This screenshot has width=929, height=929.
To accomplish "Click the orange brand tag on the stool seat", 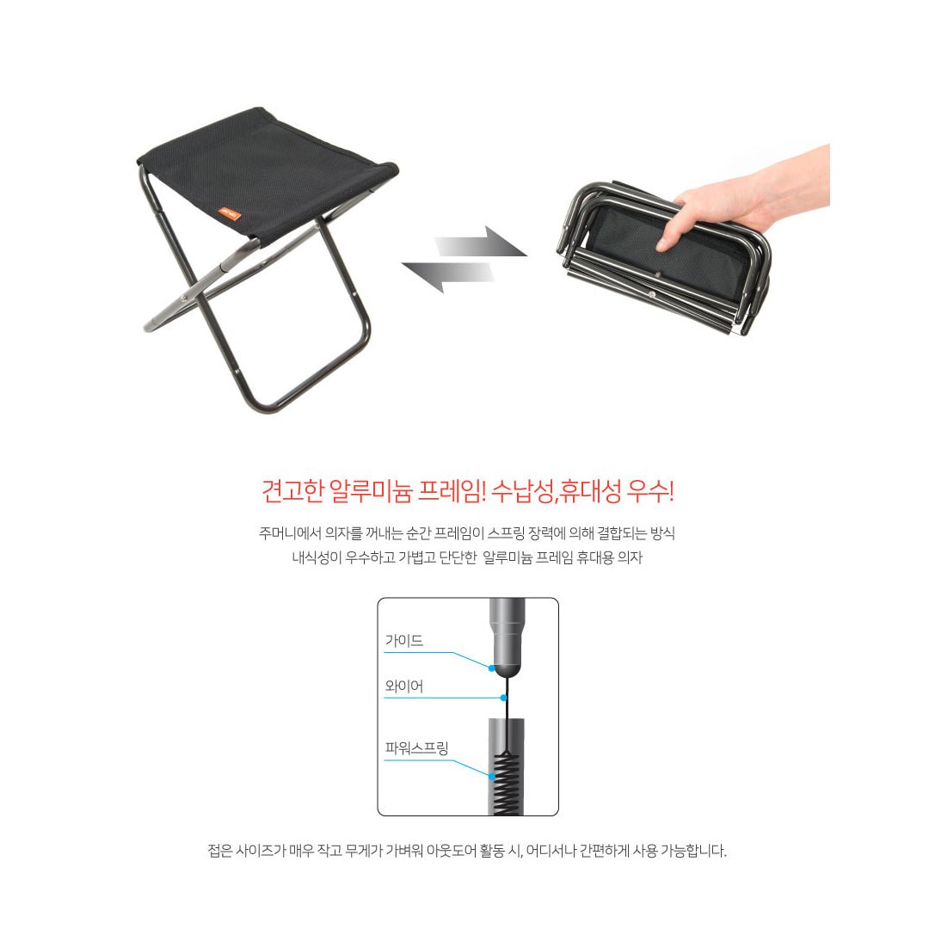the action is (x=230, y=213).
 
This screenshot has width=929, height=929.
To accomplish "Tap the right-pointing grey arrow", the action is (x=481, y=243).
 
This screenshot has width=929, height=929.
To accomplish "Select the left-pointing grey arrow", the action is (x=448, y=277).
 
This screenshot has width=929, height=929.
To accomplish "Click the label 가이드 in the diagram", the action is (x=404, y=641).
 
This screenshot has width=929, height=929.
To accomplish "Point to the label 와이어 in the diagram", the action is (x=404, y=686).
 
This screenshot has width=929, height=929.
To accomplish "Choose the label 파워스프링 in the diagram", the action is (x=416, y=748).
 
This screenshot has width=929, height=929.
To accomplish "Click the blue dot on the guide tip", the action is (x=491, y=668).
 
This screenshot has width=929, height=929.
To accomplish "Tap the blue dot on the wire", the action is (x=503, y=698).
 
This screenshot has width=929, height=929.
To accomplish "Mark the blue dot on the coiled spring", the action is (x=492, y=776).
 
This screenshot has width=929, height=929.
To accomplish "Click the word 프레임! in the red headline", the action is (x=452, y=492).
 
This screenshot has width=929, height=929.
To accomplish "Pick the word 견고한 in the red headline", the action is (x=292, y=492).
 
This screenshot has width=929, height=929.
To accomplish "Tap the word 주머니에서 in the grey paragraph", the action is (x=289, y=533).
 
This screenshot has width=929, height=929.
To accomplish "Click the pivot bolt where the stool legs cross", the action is (x=185, y=298).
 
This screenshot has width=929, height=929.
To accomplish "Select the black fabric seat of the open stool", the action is (x=268, y=172).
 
